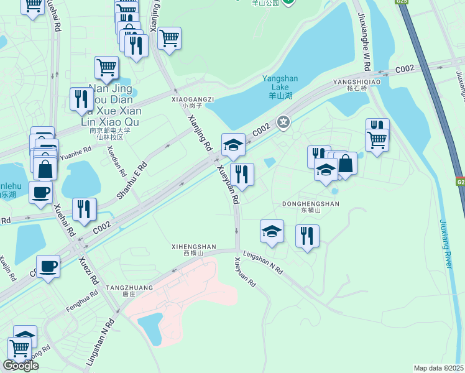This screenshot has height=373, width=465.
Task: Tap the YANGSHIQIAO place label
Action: point(356,81)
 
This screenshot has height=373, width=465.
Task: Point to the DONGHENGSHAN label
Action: point(311,204)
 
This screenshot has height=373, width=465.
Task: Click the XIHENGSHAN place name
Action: point(194,247)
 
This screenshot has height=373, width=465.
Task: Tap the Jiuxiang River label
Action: point(447,244)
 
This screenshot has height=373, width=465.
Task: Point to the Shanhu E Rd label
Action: point(132,182)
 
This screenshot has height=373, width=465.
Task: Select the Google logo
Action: point(21,366)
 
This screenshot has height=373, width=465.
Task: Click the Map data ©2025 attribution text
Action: point(438,368)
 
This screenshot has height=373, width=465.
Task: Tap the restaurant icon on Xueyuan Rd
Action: point(242,173)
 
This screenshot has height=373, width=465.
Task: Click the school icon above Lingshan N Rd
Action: point(272,231)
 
